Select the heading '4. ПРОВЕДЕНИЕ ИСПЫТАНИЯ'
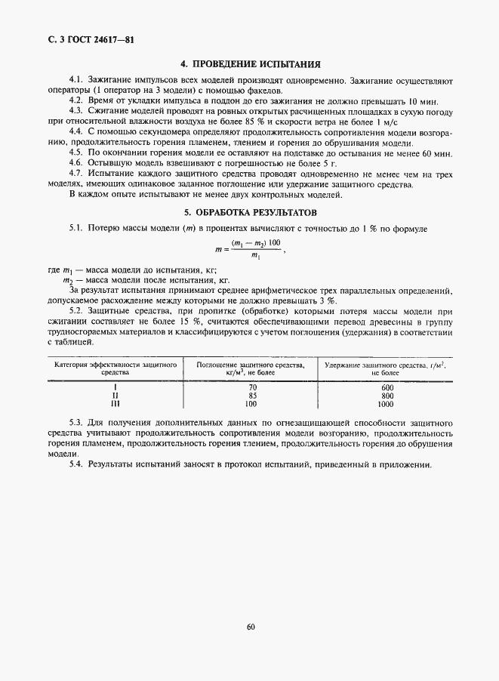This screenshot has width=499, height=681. click(250, 65)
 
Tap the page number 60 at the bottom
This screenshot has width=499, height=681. click(250, 626)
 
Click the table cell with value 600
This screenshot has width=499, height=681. click(388, 387)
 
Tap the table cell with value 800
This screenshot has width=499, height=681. click(388, 396)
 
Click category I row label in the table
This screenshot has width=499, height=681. click(116, 387)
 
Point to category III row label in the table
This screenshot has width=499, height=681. click(116, 404)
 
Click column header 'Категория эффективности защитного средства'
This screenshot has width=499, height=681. click(116, 368)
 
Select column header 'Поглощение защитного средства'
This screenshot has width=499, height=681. click(251, 368)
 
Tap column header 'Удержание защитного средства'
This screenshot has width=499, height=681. click(385, 368)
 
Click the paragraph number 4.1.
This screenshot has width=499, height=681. click(75, 80)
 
